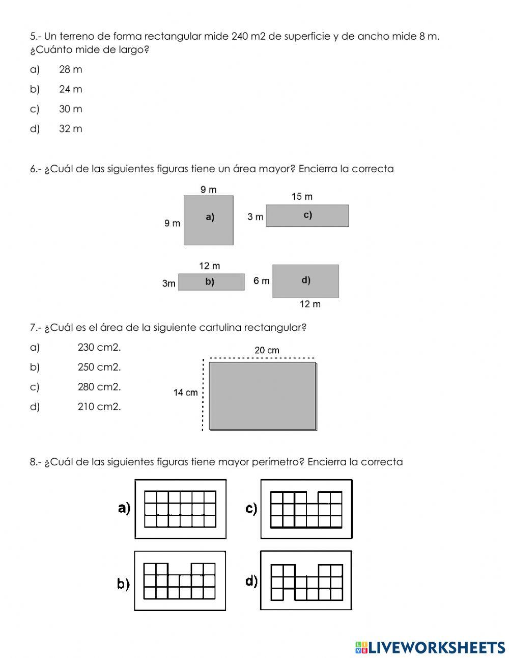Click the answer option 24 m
pyautogui.click(x=70, y=89)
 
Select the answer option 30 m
pyautogui.click(x=70, y=109)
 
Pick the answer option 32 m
pyautogui.click(x=70, y=129)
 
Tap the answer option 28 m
pyautogui.click(x=70, y=69)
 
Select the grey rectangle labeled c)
pyautogui.click(x=307, y=216)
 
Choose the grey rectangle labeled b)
pyautogui.click(x=211, y=282)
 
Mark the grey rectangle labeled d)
pyautogui.click(x=305, y=281)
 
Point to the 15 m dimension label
pyautogui.click(x=302, y=196)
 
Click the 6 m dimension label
pyautogui.click(x=262, y=281)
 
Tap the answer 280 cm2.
pyautogui.click(x=99, y=387)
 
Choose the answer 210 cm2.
pyautogui.click(x=99, y=407)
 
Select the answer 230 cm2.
pyautogui.click(x=99, y=347)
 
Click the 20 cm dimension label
pyautogui.click(x=267, y=350)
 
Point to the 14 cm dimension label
pyautogui.click(x=185, y=392)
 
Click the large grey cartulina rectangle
pyautogui.click(x=263, y=396)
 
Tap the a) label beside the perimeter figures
pyautogui.click(x=124, y=508)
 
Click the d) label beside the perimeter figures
pyautogui.click(x=251, y=581)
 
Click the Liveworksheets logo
pyautogui.click(x=430, y=647)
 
